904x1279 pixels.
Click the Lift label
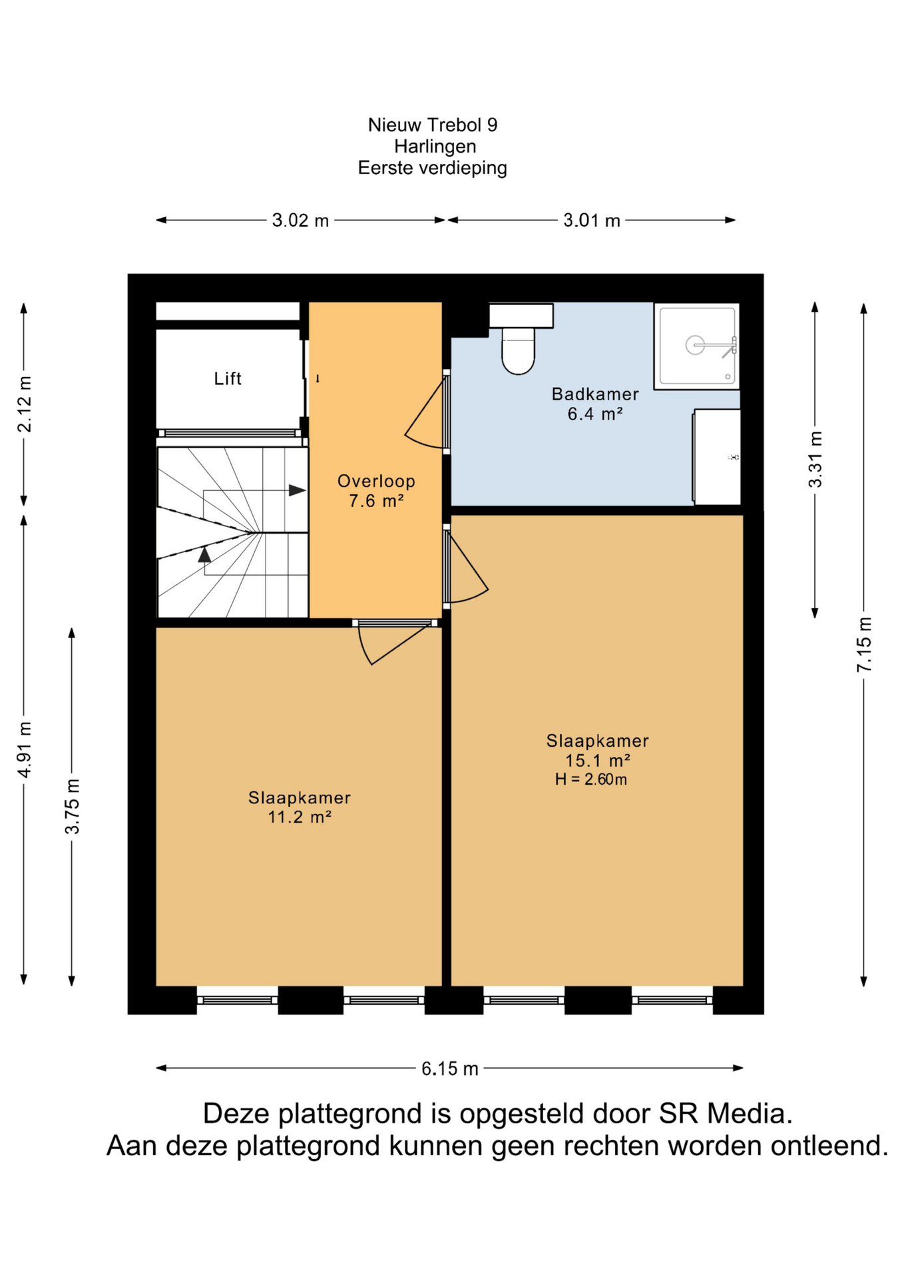click(227, 379)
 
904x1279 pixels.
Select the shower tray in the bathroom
click(696, 346)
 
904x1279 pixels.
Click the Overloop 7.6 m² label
click(376, 491)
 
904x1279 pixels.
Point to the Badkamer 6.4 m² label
click(595, 404)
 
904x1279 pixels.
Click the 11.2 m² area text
click(300, 817)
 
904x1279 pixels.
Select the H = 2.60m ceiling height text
click(591, 779)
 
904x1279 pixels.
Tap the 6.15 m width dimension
click(450, 1068)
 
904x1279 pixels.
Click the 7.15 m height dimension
click(863, 644)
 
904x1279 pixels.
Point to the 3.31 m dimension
click(815, 460)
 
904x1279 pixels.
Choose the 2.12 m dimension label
click(24, 404)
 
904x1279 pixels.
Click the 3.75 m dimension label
click(72, 806)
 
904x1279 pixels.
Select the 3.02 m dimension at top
click(300, 220)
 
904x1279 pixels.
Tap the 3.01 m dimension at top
click(592, 220)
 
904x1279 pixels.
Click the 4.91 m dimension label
click(24, 749)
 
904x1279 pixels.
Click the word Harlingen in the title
click(435, 147)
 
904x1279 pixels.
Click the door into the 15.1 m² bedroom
click(466, 566)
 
